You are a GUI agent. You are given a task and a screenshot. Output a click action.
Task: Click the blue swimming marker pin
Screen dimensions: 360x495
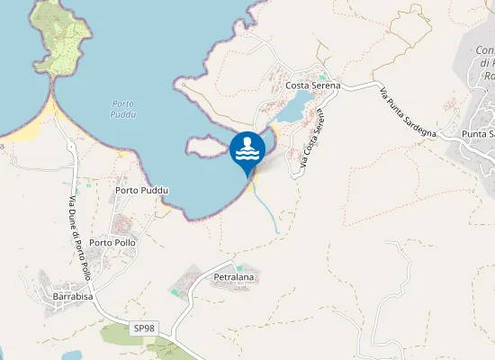247,150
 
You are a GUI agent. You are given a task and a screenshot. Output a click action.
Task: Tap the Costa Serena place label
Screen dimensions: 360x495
312,85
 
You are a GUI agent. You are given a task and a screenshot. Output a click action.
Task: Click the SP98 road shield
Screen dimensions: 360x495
143,328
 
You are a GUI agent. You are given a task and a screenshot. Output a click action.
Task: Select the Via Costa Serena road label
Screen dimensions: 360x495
310,140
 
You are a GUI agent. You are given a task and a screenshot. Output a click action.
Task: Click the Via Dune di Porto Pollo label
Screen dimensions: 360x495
80,238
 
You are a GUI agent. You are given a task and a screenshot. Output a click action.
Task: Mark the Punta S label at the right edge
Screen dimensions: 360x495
477,134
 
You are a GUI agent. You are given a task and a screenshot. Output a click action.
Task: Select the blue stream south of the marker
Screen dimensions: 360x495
267,212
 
